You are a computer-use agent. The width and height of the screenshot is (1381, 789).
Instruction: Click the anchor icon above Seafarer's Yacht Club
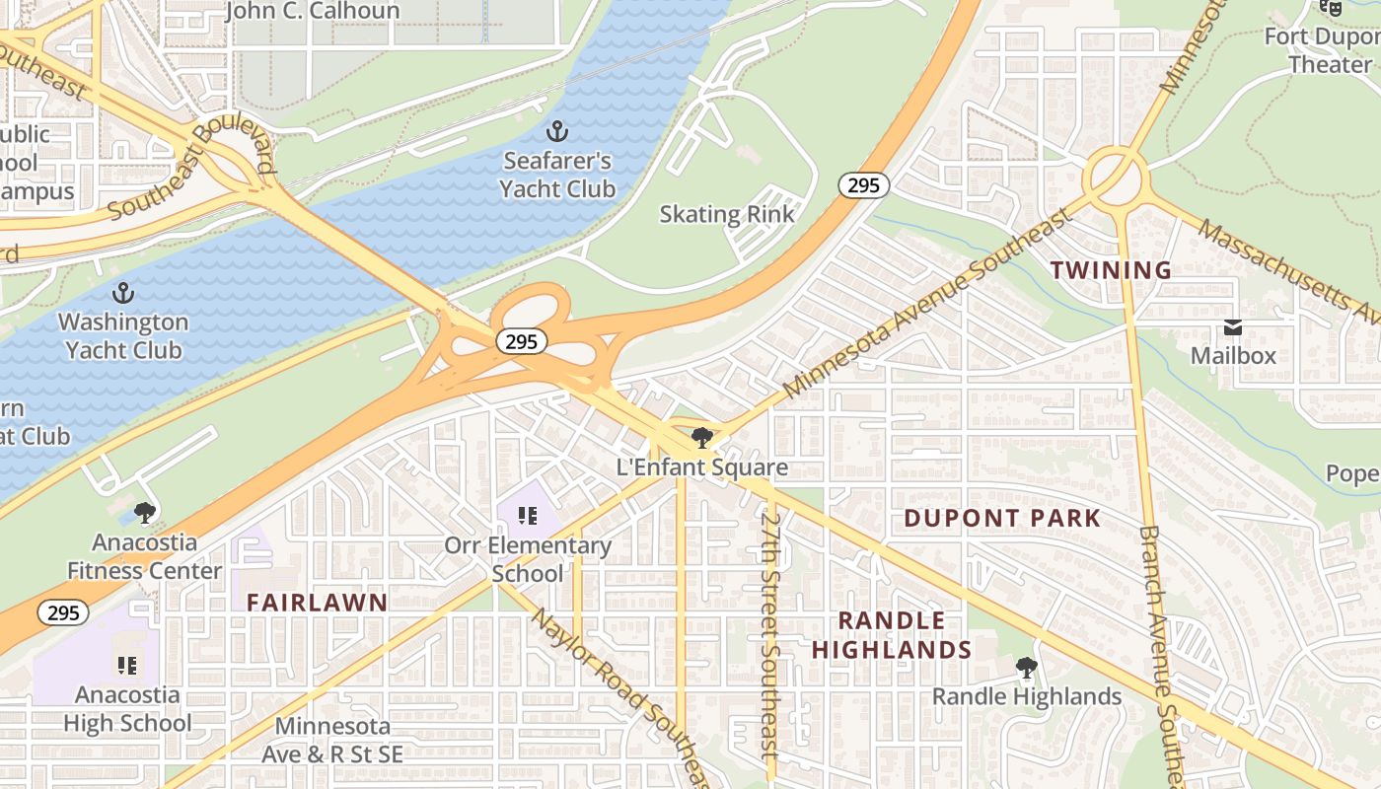coord(557,131)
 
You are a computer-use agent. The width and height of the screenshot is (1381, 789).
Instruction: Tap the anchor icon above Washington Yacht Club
coord(123,293)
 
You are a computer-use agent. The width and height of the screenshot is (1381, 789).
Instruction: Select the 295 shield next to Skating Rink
coord(864,184)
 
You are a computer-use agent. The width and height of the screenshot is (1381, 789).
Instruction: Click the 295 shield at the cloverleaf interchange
coord(521,341)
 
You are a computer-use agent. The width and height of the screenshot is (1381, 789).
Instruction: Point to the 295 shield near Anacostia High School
coord(64,612)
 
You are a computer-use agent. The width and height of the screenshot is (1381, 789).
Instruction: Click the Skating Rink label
coord(727,214)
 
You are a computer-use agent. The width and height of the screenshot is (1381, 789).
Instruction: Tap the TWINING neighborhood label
coord(1111,269)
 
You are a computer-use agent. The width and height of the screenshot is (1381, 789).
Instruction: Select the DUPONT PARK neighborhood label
coord(1002,518)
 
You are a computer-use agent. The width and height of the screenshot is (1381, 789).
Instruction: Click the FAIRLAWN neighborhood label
coord(317,603)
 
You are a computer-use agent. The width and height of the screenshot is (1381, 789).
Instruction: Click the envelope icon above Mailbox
coord(1233,327)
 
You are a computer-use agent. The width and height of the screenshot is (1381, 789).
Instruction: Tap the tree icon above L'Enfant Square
coord(702,437)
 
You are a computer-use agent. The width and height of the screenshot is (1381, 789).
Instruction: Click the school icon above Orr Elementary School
coord(528,515)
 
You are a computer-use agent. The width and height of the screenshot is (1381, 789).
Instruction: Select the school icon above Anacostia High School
coord(126,666)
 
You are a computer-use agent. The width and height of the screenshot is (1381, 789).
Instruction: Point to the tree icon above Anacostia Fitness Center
coord(145,512)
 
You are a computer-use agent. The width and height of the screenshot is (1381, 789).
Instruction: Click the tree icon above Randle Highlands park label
coord(1027,668)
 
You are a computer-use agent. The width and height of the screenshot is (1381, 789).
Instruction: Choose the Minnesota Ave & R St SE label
coord(332,740)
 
